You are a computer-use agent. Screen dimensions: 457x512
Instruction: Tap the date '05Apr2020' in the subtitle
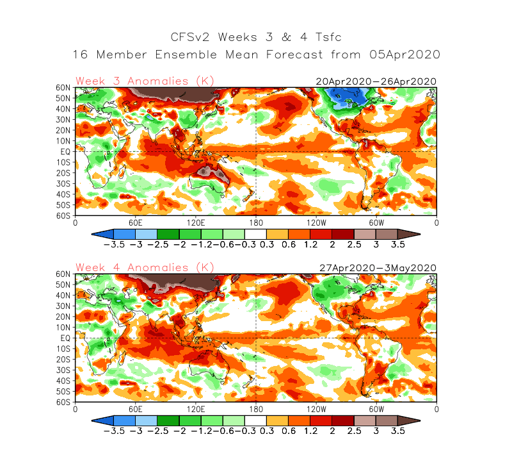tap(405, 54)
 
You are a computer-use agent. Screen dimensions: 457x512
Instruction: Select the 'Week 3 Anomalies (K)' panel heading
tap(145, 81)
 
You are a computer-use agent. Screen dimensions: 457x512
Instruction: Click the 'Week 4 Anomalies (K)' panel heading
tap(145, 267)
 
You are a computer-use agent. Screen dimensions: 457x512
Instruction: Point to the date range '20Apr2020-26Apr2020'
tap(376, 81)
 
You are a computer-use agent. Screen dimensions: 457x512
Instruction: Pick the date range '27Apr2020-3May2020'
tap(378, 268)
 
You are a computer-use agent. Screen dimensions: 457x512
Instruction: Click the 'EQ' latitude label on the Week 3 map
tap(66, 152)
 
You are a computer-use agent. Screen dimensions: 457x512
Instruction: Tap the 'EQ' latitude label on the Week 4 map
tap(66, 338)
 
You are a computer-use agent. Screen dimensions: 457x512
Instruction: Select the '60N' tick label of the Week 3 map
tap(63, 87)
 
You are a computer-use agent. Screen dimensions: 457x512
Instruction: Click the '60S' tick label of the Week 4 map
tap(63, 402)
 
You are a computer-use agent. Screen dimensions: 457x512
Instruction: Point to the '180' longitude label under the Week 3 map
tap(256, 222)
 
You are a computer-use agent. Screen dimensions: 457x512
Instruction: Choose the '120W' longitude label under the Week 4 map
tap(316, 409)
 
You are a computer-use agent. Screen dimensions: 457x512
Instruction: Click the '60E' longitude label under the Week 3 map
tap(136, 222)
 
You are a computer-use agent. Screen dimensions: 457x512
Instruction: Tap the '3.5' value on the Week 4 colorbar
tap(398, 431)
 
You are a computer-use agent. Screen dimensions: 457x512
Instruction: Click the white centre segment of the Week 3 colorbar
tap(256, 234)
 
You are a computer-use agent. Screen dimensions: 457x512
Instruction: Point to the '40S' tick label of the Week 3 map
tap(63, 194)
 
